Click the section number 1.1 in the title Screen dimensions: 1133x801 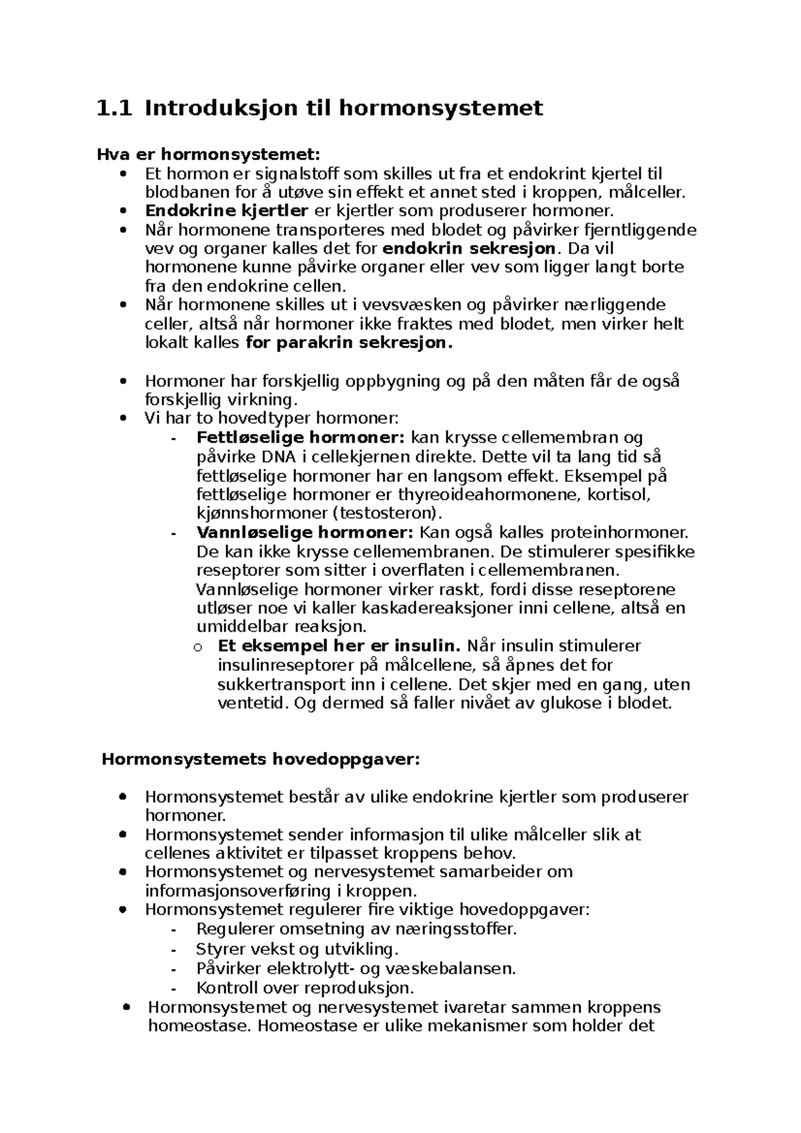(114, 108)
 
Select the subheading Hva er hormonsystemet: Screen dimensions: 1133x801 (208, 155)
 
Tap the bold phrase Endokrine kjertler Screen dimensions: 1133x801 (226, 212)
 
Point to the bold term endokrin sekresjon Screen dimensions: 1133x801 (469, 249)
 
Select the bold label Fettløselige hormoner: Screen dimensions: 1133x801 (300, 438)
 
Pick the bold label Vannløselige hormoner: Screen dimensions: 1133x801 (306, 533)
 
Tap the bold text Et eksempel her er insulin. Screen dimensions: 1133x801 (339, 646)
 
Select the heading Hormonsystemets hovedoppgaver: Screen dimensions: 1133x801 (261, 759)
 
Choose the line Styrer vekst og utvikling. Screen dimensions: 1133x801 (297, 949)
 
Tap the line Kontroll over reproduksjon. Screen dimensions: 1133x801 (305, 988)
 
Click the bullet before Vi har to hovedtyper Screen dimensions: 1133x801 (122, 420)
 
